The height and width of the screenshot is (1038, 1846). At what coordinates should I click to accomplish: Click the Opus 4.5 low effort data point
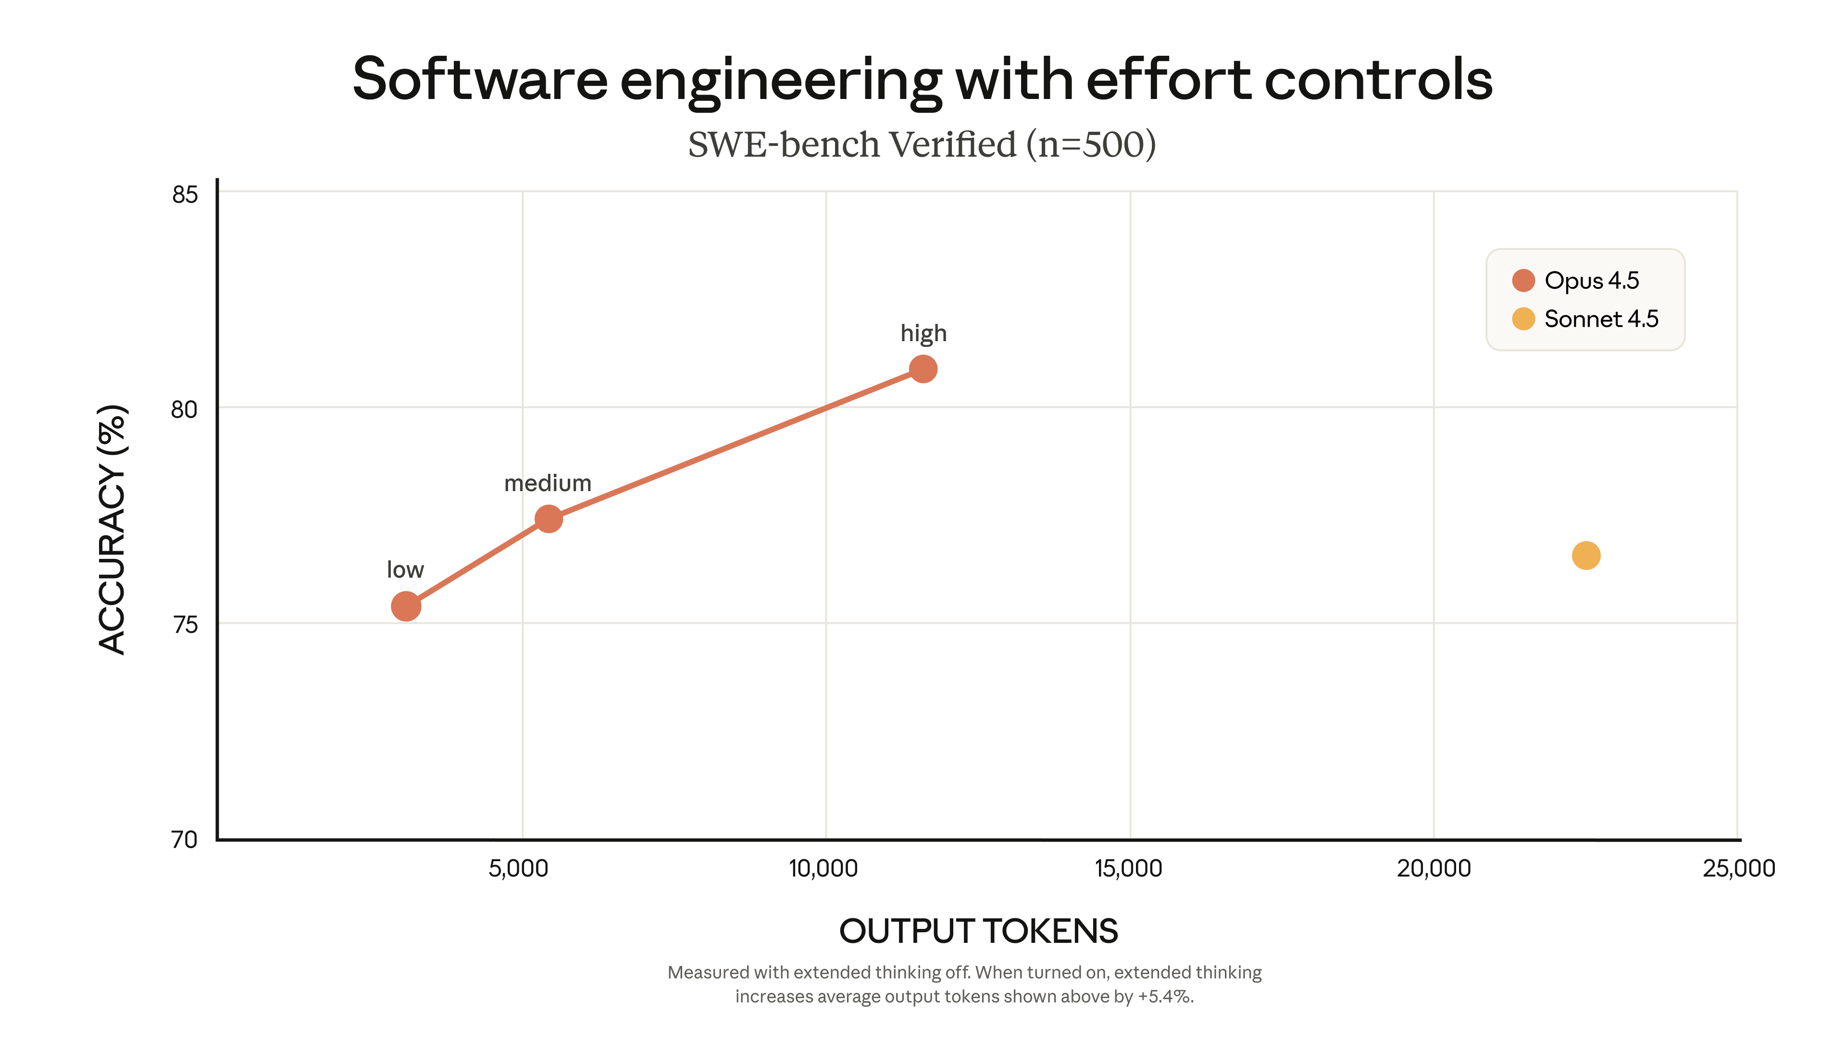(406, 606)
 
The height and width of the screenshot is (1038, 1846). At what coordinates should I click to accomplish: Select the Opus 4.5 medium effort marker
(548, 519)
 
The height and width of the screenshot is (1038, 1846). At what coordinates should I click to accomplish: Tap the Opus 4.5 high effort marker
(923, 369)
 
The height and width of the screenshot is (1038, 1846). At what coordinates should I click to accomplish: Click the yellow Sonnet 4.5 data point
(1586, 555)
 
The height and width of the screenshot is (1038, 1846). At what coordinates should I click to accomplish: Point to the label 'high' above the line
(923, 334)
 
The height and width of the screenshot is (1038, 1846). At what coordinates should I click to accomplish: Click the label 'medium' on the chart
(548, 483)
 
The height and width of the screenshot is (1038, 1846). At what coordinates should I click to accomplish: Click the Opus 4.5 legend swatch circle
(1523, 280)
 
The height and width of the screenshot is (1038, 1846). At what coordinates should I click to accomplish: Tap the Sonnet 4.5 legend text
(1601, 319)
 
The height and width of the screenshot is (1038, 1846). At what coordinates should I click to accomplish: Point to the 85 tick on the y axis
(185, 195)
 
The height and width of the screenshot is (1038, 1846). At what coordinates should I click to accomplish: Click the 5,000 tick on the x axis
(518, 869)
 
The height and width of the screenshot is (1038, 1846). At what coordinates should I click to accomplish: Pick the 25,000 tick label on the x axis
(1738, 869)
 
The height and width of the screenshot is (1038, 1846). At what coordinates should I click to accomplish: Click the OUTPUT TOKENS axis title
(978, 931)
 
